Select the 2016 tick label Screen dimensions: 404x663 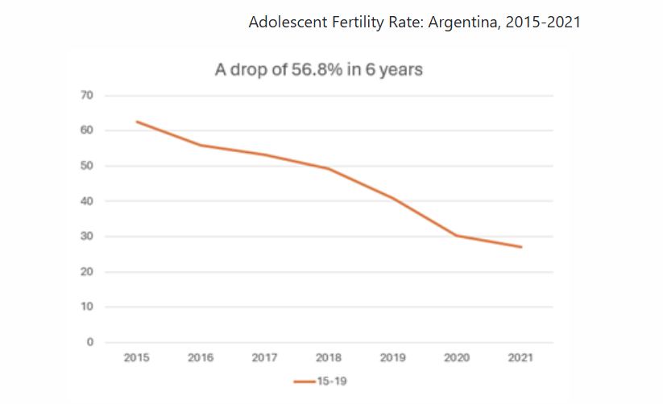201,358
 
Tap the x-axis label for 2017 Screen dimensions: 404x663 265,358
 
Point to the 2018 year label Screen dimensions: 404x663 329,358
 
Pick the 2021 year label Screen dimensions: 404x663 521,358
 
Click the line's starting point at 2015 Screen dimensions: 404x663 136,122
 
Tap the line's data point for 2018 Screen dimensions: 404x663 329,168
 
